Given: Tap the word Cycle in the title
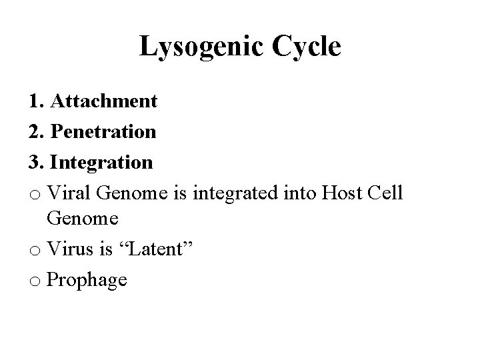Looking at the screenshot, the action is (306, 47).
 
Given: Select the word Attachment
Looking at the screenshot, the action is (103, 101).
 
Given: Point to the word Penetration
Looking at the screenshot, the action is (103, 131).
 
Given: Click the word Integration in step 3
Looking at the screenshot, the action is (101, 161).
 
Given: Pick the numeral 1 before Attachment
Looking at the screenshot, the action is (33, 101).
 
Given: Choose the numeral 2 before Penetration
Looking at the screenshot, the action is (34, 131).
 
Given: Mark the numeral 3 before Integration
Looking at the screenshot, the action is (34, 161).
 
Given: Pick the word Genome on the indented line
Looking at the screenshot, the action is (83, 219).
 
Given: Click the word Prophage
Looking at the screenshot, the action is (87, 281).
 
